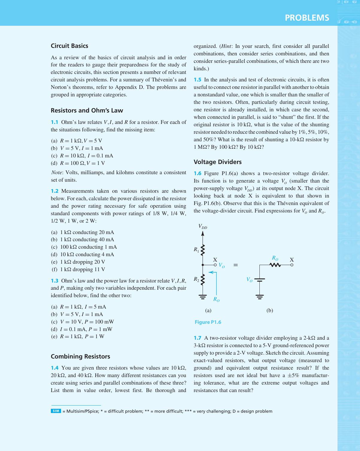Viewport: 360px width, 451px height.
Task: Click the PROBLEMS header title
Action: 307,18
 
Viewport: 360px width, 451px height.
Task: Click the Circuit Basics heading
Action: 69,46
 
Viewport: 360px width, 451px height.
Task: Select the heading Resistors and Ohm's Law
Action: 87,110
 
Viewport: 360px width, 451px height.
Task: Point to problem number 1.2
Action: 54,191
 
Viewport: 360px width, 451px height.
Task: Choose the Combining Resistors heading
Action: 80,356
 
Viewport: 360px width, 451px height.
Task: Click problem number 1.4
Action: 54,368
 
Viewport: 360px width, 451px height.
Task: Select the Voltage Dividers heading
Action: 218,162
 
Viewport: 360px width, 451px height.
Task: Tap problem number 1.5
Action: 197,80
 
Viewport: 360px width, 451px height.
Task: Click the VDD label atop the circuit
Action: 203,227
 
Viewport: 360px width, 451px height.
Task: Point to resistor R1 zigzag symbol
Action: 203,250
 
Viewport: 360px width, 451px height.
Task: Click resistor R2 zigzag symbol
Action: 203,280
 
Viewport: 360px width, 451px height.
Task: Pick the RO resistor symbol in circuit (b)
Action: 275,265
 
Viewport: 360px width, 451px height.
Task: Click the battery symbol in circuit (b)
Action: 259,280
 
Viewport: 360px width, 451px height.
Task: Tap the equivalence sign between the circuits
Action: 236,265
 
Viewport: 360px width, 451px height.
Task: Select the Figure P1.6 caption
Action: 208,322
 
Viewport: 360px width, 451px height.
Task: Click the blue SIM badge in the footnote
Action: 56,411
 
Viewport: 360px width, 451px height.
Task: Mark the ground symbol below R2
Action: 203,297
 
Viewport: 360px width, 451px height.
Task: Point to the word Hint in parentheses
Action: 227,46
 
